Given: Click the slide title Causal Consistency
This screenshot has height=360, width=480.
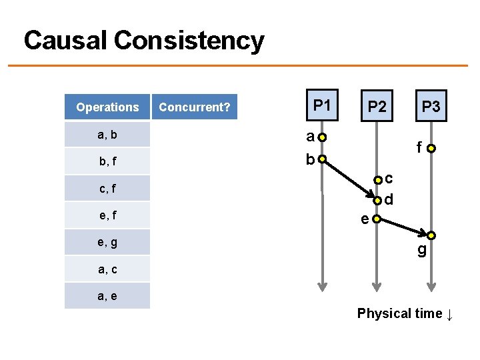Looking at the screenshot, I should (144, 41).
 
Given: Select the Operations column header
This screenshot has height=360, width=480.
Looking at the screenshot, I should (107, 107).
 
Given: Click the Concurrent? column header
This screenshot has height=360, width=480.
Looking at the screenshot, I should (195, 107).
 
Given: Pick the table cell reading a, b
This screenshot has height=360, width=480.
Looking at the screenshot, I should (107, 135).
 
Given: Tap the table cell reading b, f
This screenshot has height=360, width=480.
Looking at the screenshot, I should (107, 161).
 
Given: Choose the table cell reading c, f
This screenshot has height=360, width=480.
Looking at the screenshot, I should (107, 189).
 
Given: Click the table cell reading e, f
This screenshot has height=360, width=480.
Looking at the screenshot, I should (107, 215).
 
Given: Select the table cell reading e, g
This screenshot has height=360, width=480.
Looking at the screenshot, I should (107, 243).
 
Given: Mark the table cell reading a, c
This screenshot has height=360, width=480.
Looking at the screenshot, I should (107, 269).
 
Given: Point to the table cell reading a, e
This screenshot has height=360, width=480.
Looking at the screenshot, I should (107, 296).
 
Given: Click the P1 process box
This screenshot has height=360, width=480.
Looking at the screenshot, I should (323, 105).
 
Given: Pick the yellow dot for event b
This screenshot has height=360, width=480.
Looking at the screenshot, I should (323, 159).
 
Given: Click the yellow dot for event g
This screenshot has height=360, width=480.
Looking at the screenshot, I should (431, 235).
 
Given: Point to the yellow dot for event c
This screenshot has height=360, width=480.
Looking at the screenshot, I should (377, 179).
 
